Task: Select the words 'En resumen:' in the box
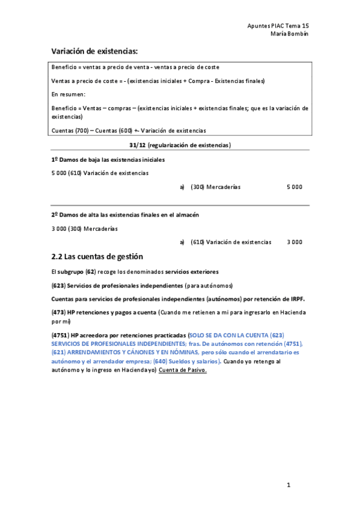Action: click(x=69, y=94)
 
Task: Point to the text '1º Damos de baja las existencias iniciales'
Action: click(x=108, y=159)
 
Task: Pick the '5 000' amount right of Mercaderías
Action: click(x=294, y=187)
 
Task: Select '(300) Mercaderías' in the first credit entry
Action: click(x=215, y=187)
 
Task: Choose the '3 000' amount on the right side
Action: click(x=294, y=242)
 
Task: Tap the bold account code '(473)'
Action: click(x=59, y=312)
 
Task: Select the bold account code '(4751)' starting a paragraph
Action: click(x=60, y=334)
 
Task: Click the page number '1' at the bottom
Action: click(x=288, y=485)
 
